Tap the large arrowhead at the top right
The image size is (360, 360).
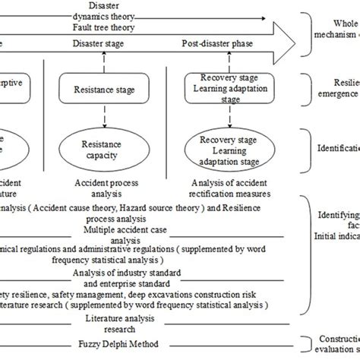(283, 36)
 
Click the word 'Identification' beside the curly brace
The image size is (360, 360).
(333, 142)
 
